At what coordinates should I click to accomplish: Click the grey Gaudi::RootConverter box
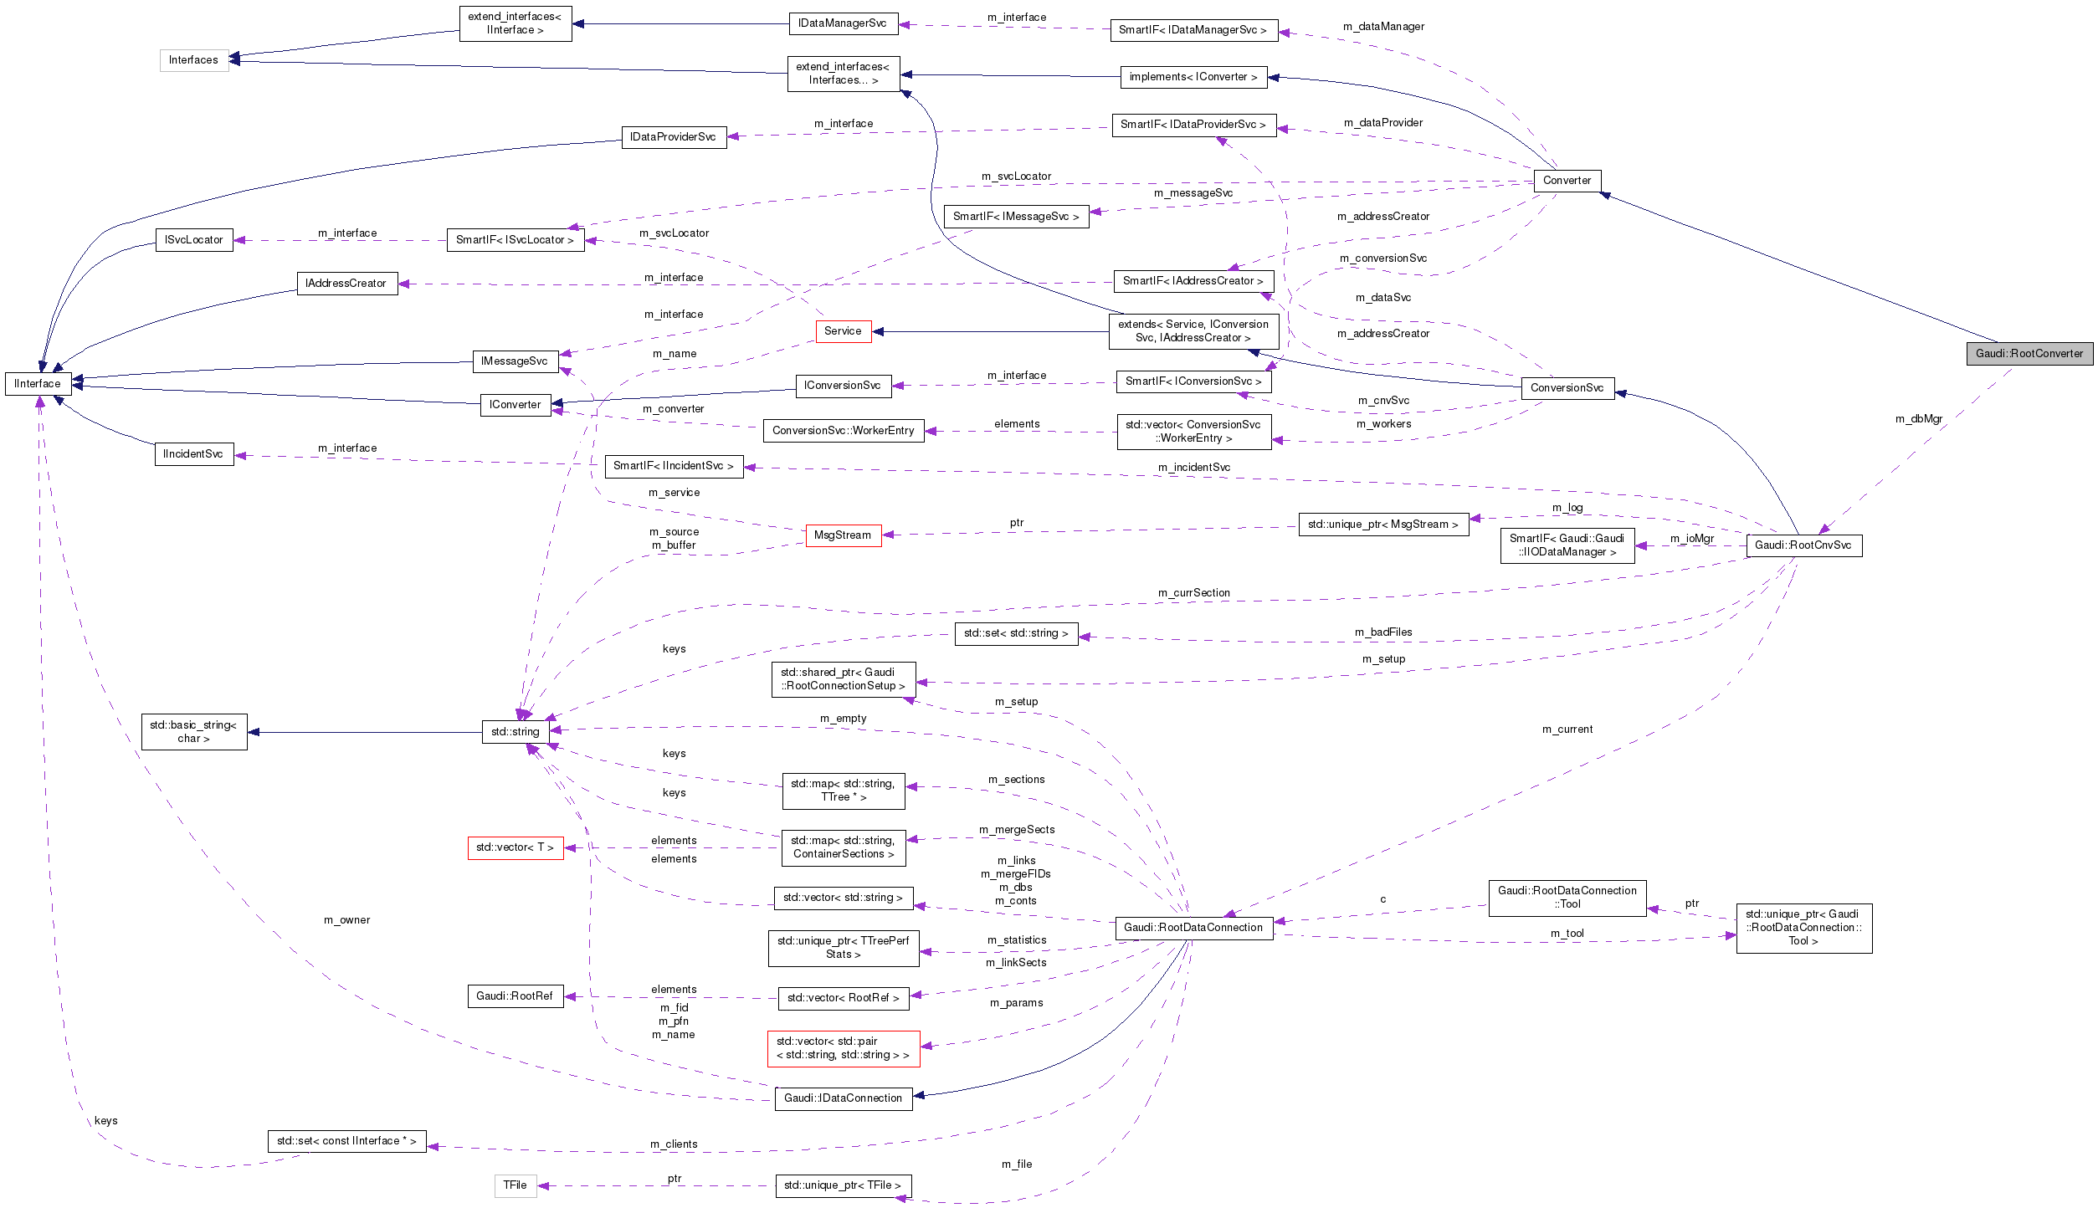2029,354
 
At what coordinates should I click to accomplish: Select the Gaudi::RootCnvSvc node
1803,545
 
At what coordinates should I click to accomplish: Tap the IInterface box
38,384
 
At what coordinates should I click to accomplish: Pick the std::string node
515,732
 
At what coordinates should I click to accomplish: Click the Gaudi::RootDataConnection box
1193,928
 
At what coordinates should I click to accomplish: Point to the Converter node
1567,181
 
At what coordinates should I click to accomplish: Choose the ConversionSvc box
1567,388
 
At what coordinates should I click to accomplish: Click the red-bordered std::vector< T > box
515,847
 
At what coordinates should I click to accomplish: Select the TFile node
515,1185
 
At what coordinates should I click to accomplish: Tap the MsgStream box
843,535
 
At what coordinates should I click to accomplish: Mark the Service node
843,331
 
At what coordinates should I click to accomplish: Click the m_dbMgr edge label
1919,419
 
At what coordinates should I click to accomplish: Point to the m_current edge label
1567,729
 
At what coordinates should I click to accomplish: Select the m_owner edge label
346,920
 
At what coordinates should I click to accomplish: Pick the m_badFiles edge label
1383,632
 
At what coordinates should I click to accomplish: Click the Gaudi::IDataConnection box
843,1098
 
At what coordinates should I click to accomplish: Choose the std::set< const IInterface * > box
346,1141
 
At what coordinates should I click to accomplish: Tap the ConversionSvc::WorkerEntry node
843,431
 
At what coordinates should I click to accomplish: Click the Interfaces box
193,60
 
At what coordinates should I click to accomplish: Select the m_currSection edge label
1193,593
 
